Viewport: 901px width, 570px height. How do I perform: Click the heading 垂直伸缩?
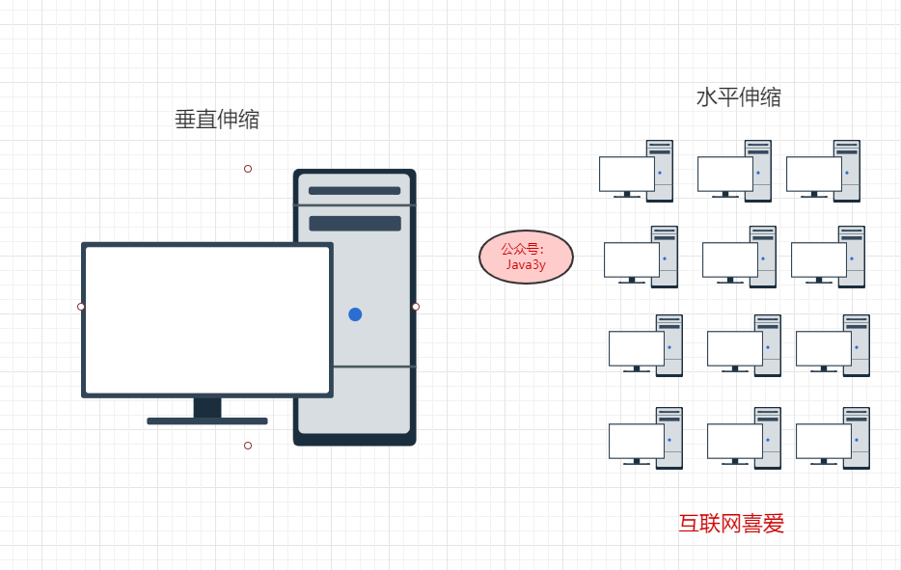(x=216, y=120)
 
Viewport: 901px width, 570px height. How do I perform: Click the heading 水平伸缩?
(x=738, y=97)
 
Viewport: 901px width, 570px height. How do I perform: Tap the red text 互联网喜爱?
(x=731, y=524)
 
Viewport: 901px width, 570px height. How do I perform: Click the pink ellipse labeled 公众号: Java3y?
(x=526, y=257)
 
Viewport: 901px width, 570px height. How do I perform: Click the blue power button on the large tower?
(x=355, y=314)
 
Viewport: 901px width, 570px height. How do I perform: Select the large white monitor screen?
(x=207, y=319)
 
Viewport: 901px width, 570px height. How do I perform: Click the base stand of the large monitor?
(x=207, y=421)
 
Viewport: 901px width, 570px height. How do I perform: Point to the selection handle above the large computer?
(x=248, y=169)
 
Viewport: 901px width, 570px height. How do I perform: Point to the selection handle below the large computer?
(x=248, y=446)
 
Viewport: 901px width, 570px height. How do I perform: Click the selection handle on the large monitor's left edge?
(x=81, y=307)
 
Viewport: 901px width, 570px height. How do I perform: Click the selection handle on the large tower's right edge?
(x=416, y=307)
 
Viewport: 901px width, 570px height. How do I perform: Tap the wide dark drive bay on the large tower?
(x=354, y=224)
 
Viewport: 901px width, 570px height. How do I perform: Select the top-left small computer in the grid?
(x=636, y=172)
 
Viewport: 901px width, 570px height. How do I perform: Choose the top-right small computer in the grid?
(x=823, y=172)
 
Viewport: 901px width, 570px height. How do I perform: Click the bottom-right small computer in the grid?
(x=833, y=438)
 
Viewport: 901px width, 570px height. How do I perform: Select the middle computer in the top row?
(x=734, y=172)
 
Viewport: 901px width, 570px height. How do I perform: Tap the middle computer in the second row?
(x=739, y=258)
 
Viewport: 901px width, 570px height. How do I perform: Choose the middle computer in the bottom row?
(x=744, y=438)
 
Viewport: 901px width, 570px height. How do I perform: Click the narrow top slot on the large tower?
(x=354, y=191)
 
